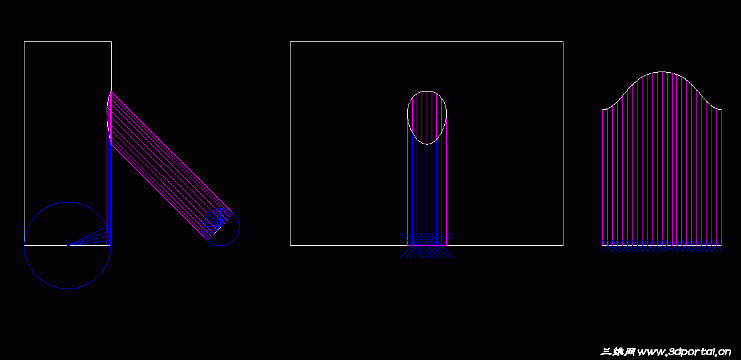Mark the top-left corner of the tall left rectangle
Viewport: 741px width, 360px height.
coord(24,42)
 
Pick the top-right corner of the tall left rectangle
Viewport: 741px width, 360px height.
coord(111,42)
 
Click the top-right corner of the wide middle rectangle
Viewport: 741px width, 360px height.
coord(563,42)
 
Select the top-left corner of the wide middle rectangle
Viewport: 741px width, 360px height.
coord(290,42)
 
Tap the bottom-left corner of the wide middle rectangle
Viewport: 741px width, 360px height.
coord(290,245)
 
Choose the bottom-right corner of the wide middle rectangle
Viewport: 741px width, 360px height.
coord(563,245)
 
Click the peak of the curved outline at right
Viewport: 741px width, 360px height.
coord(662,71)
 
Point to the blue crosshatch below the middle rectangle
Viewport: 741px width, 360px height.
coord(427,245)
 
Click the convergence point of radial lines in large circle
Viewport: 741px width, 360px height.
coord(69,245)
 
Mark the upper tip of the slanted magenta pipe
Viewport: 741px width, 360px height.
coord(111,92)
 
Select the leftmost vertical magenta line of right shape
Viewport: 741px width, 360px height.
coord(603,176)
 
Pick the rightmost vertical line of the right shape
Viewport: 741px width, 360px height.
coord(722,176)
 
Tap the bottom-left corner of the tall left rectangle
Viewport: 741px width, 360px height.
coord(24,245)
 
